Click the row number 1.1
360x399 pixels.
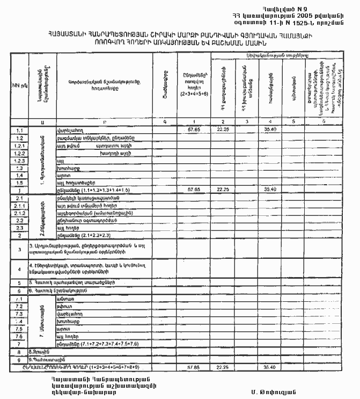(x=19, y=130)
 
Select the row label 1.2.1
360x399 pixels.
(x=19, y=146)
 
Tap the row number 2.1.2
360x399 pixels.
(x=19, y=213)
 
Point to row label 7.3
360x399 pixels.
(x=19, y=313)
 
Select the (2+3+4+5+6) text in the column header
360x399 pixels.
(x=190, y=93)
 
